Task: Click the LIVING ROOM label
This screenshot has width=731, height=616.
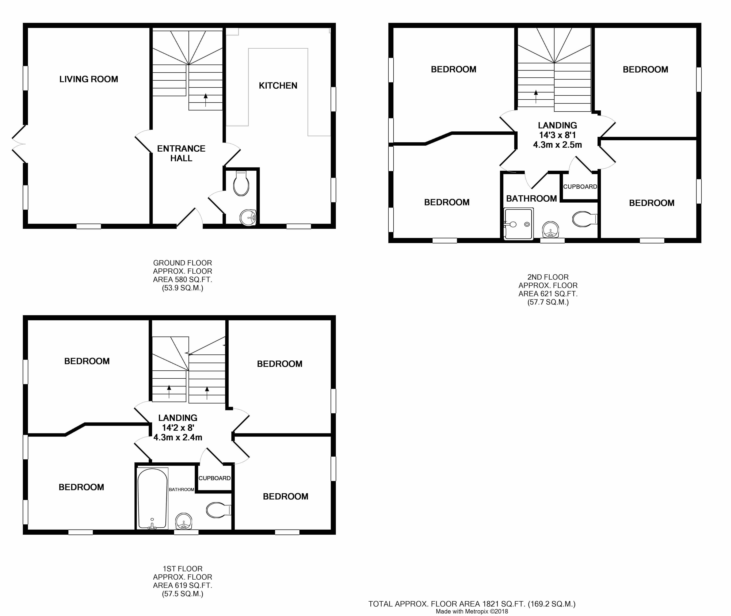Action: [x=89, y=79]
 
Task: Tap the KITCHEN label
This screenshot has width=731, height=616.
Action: [x=278, y=86]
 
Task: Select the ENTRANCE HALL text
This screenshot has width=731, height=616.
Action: [x=181, y=153]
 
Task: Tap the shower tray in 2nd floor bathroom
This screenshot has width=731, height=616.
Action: [x=519, y=224]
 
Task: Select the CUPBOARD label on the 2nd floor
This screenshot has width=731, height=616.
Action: [x=580, y=186]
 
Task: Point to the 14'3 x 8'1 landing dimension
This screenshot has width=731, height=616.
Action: [x=557, y=135]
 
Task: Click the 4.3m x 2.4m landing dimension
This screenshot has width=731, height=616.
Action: [x=178, y=437]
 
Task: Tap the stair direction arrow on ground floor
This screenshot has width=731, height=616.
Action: [x=205, y=100]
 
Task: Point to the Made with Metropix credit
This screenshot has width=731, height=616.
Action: [x=472, y=611]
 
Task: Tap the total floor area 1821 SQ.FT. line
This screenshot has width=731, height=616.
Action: [x=472, y=603]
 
